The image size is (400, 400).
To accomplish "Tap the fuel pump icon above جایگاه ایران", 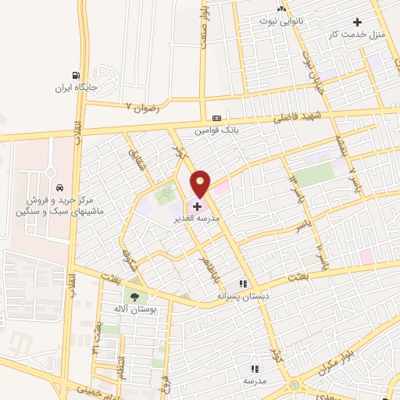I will coord(76,76).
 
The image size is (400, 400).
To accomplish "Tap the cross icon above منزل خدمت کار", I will coord(358,23).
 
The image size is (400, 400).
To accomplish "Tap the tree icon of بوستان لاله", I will coord(134,296).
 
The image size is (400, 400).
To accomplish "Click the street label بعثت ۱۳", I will coord(99,335).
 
